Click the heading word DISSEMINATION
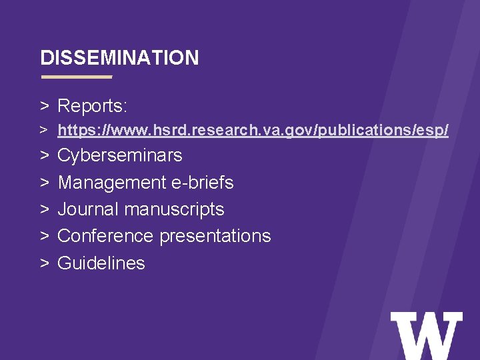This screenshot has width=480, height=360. click(x=119, y=58)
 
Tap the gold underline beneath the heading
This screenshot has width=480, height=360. click(x=77, y=77)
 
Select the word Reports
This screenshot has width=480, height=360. click(x=93, y=106)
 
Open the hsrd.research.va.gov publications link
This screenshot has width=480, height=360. click(x=253, y=131)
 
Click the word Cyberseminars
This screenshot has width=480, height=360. click(x=120, y=155)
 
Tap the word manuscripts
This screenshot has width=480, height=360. click(x=174, y=209)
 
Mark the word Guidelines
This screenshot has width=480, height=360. click(x=101, y=263)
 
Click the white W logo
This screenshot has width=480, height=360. click(x=426, y=336)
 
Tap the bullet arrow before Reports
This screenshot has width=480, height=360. click(x=45, y=106)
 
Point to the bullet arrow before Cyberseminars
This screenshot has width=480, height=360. click(x=45, y=156)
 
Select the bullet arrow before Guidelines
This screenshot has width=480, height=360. click(x=45, y=263)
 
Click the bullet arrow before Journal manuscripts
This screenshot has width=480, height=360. click(x=45, y=209)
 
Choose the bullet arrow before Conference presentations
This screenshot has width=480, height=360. click(x=45, y=236)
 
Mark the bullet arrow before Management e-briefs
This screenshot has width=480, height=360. click(x=45, y=183)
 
